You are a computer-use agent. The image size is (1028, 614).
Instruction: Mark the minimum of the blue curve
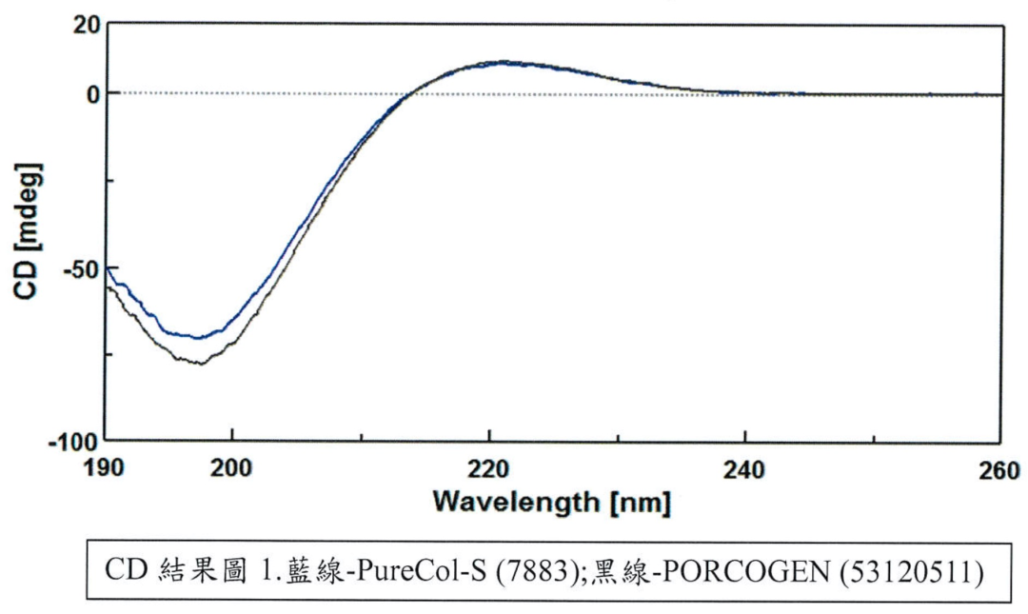pos(198,337)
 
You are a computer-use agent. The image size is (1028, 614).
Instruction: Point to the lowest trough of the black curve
pos(200,363)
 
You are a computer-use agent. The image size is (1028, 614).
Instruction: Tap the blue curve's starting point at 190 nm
pos(107,268)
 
